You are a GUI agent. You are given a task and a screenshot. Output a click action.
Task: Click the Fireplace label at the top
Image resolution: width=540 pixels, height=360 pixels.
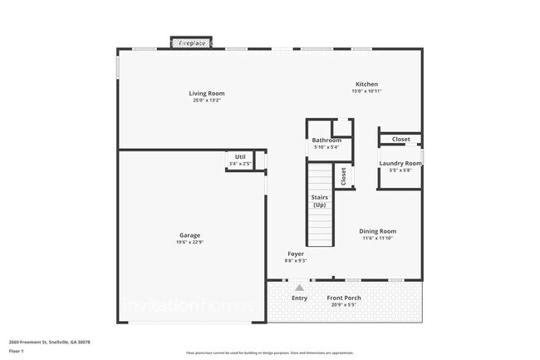tap(192, 42)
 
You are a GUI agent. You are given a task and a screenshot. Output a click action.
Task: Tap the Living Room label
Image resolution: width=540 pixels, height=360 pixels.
tap(206, 93)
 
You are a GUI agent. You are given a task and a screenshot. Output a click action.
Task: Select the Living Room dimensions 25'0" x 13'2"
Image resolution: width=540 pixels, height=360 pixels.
tap(206, 101)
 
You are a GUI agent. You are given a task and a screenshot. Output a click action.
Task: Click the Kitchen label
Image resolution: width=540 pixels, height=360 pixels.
tap(366, 84)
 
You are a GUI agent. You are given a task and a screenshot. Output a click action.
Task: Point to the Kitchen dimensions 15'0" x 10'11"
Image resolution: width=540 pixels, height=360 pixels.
tap(366, 91)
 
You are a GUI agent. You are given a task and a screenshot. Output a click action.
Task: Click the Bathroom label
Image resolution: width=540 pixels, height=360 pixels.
tap(326, 141)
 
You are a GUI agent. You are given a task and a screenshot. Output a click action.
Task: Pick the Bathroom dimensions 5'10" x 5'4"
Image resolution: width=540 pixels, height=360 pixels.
tap(326, 148)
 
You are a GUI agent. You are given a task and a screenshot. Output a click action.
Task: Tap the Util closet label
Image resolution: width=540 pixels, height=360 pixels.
tap(240, 156)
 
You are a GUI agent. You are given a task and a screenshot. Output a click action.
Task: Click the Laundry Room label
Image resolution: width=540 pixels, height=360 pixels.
tap(400, 163)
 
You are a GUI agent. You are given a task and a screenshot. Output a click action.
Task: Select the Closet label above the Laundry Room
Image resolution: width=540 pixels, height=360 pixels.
tap(400, 139)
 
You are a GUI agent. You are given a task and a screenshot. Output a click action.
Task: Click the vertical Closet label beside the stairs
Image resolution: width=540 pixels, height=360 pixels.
tap(343, 175)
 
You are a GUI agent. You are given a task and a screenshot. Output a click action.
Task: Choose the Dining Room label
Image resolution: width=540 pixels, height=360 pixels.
tap(377, 231)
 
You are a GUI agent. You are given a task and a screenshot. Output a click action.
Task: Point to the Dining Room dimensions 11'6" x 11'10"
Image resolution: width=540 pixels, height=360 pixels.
tap(377, 239)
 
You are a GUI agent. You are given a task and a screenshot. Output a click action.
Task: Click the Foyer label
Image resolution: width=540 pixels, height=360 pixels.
tap(296, 254)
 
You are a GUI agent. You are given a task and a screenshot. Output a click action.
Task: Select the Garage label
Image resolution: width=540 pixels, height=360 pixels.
tap(189, 234)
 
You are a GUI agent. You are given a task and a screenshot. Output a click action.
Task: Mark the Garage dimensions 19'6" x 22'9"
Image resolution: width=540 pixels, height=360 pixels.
tap(189, 242)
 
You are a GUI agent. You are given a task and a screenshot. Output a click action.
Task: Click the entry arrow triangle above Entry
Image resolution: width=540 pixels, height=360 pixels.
tap(299, 287)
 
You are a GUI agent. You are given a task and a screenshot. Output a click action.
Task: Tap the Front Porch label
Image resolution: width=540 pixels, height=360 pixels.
tap(343, 298)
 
